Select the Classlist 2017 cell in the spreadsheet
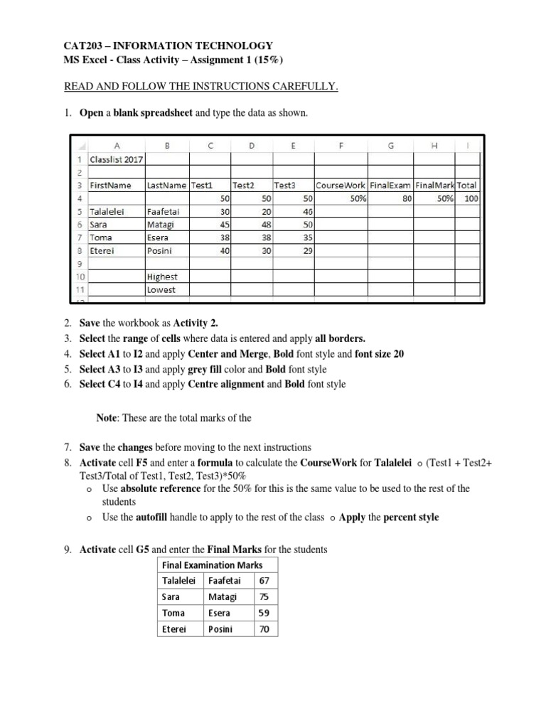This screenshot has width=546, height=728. (116, 159)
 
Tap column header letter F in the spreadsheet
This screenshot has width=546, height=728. (341, 146)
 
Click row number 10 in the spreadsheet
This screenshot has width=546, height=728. (80, 277)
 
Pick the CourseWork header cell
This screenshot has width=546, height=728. (340, 186)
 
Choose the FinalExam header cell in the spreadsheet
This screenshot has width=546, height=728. (390, 186)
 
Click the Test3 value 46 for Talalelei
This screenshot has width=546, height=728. (307, 212)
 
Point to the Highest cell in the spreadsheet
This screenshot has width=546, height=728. (162, 277)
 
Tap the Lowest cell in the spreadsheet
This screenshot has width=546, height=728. (161, 290)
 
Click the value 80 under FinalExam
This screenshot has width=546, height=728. (407, 199)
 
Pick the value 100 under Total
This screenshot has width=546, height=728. (471, 199)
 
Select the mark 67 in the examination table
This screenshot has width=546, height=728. (264, 581)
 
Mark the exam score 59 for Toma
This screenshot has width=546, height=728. (264, 613)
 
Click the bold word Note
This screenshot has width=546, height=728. (108, 418)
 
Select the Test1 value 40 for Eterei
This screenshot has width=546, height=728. (225, 251)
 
